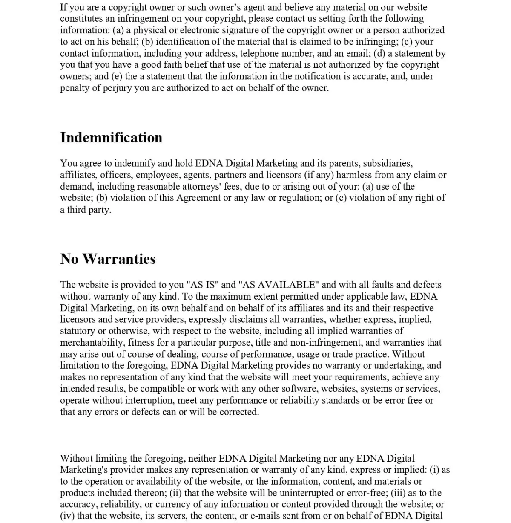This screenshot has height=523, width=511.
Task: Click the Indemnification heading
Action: pos(111,138)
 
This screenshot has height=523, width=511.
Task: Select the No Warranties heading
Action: pos(108,259)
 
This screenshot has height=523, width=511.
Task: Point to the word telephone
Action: pos(259,54)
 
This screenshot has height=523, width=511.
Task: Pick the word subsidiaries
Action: pos(388,164)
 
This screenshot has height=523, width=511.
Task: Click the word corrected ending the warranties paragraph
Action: pos(239,412)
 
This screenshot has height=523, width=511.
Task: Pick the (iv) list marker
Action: pos(67,516)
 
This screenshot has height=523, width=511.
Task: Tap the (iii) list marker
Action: pos(398,493)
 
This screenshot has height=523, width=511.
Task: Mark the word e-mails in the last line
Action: pos(264,516)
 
